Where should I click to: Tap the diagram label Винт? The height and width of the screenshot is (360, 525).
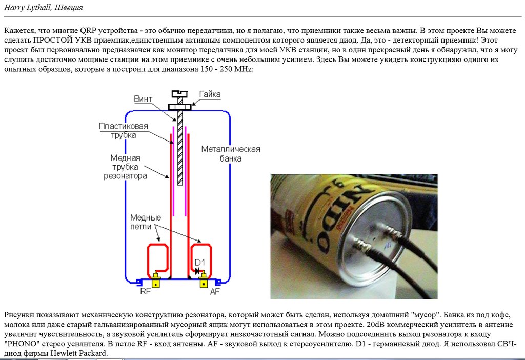click(143, 98)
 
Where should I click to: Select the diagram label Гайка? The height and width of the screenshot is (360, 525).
click(210, 94)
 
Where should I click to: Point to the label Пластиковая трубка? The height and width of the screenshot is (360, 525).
click(124, 131)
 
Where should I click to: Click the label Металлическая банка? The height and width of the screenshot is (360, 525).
click(230, 154)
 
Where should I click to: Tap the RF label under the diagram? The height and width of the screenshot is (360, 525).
click(146, 292)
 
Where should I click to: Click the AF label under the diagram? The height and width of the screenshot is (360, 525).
click(215, 292)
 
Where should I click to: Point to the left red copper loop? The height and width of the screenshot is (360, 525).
click(158, 259)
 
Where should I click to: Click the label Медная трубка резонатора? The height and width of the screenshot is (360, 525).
click(125, 167)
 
